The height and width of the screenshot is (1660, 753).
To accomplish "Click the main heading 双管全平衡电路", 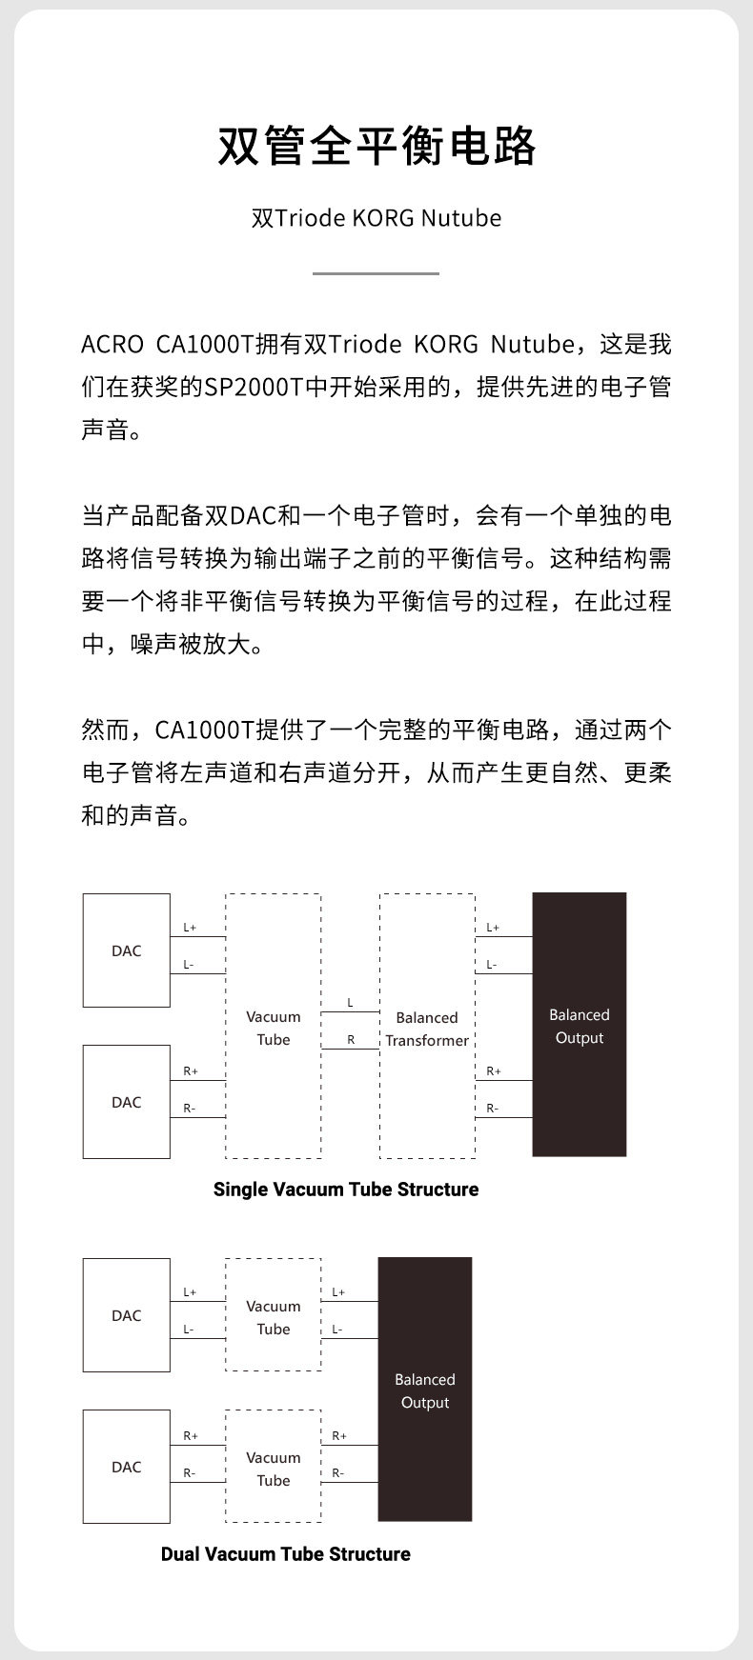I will tap(376, 146).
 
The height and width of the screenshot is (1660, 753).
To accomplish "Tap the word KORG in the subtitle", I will tap(383, 218).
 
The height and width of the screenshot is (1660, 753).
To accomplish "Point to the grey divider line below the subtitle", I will tap(376, 273).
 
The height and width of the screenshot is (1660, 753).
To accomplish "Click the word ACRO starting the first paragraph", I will tap(112, 344).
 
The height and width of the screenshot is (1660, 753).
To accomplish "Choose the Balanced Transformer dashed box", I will tap(427, 1027).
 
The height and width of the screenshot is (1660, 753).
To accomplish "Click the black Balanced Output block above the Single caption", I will tap(579, 1025).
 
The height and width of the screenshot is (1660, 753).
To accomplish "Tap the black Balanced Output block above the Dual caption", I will tap(425, 1390).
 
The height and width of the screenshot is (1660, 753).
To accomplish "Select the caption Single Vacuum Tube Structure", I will tap(346, 1190).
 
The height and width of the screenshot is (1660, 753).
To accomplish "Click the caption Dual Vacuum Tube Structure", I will tap(286, 1554).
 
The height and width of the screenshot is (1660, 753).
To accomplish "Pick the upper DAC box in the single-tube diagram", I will tap(126, 950).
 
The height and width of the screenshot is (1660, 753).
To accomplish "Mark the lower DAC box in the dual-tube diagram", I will tap(126, 1467).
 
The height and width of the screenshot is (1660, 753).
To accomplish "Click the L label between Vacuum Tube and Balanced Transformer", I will tap(350, 1003).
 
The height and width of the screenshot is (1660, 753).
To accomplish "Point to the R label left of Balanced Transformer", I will tap(350, 1040).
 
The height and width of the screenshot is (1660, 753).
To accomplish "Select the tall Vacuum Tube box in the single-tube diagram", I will tap(274, 1027).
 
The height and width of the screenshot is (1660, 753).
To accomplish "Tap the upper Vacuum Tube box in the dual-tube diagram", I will tap(274, 1315).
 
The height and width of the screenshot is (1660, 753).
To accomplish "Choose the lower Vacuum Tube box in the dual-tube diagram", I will tap(274, 1467).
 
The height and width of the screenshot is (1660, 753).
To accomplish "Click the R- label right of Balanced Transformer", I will tap(492, 1108).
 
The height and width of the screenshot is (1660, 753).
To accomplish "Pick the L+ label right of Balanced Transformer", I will tap(492, 928).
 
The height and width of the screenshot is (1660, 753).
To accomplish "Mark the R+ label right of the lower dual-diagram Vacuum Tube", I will tap(339, 1436).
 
